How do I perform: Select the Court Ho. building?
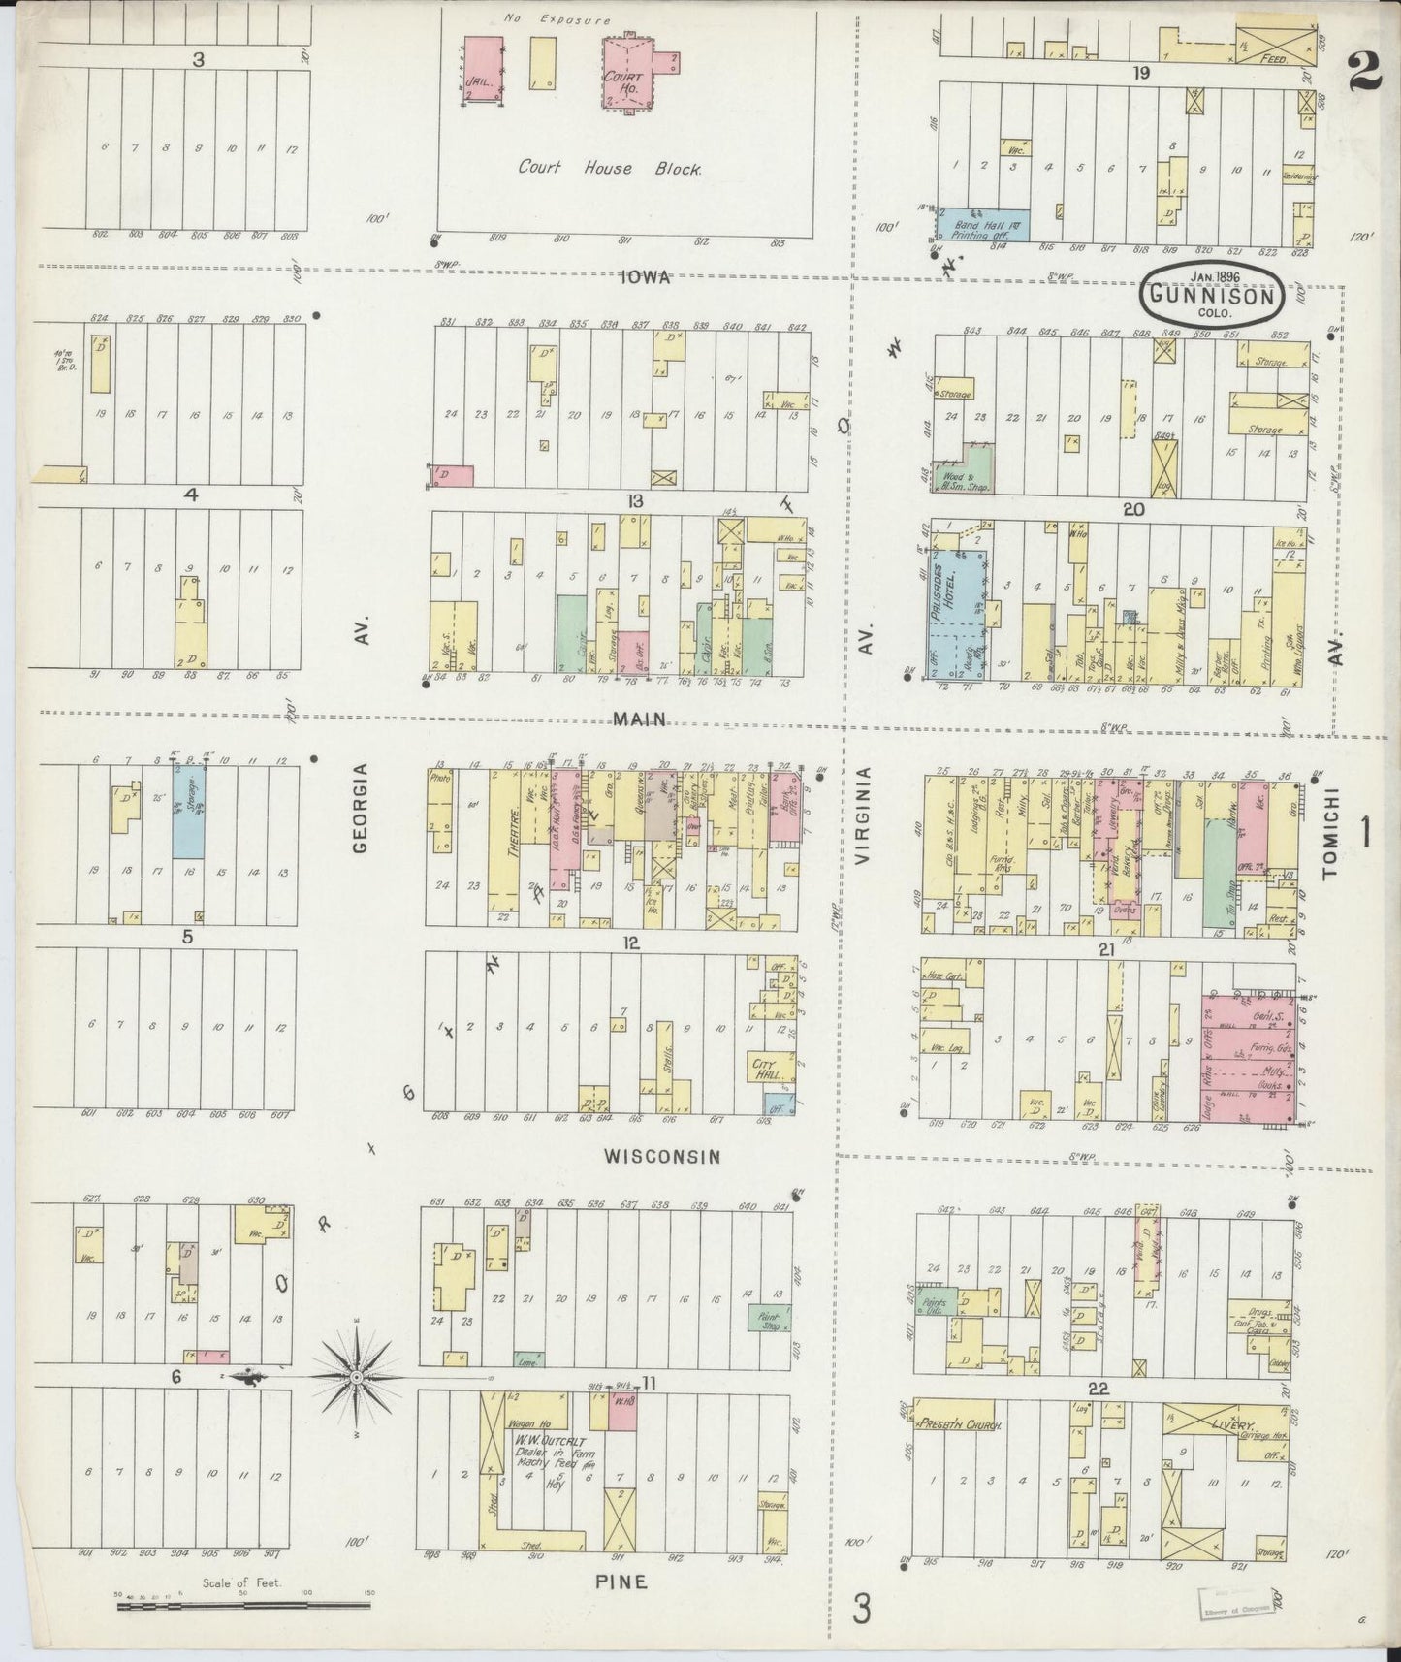(627, 74)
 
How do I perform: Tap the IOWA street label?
(646, 278)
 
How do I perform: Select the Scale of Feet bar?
(242, 1606)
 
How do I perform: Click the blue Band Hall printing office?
(981, 225)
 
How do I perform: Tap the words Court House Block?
(609, 168)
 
